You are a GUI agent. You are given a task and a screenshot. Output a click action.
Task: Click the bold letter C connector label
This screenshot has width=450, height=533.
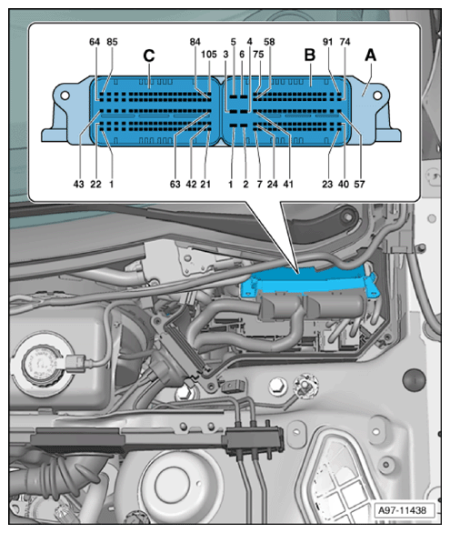pos(149,55)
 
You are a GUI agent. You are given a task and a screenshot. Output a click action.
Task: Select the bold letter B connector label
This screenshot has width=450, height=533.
pos(309,55)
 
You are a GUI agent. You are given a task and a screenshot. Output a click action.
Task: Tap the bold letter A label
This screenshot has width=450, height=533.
pos(370,55)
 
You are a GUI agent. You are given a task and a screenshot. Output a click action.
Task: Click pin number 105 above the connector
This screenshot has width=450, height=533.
pos(209,55)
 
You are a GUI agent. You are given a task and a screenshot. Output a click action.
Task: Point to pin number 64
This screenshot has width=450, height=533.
pos(95,42)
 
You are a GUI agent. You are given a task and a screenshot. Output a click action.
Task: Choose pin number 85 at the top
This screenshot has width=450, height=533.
pos(112,42)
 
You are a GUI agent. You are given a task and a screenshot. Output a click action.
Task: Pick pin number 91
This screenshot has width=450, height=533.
pos(327,42)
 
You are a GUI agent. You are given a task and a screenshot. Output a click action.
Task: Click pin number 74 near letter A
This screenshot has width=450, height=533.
pos(345,42)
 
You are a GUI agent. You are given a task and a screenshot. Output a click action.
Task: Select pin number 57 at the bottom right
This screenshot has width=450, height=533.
pos(359,185)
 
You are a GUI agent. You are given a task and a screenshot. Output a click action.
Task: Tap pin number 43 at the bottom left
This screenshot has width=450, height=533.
pos(78,185)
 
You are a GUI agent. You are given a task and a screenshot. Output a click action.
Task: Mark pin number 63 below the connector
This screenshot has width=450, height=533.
pos(175,185)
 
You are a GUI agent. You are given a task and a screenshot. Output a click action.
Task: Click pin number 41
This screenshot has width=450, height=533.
pos(288,185)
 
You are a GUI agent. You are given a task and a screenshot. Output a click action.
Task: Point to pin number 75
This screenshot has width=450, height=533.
pos(258,55)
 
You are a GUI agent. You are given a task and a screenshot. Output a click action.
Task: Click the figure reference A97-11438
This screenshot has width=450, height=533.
pos(402,510)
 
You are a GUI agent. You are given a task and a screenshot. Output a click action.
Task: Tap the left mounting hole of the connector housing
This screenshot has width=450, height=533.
pos(65,96)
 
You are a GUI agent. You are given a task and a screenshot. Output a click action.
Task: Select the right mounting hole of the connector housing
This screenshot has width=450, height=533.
pos(377,96)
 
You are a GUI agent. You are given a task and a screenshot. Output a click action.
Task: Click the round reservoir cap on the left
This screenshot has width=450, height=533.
pos(41,364)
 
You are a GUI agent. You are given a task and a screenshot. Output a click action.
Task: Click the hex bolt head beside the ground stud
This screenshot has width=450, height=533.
pos(277,387)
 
